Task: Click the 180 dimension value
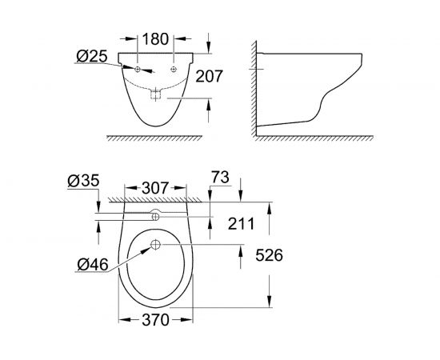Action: (x=157, y=39)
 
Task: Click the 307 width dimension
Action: (x=155, y=189)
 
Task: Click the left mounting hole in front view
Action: (x=138, y=70)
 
